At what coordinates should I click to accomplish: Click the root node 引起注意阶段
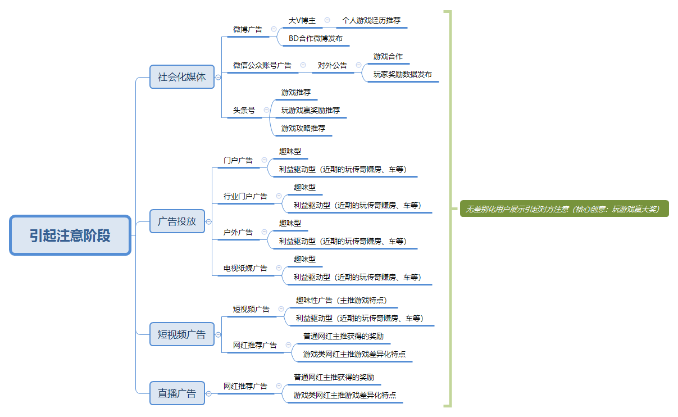70,235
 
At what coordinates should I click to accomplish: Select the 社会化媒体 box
181,77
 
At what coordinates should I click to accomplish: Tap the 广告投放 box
177,221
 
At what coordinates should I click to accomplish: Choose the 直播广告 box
177,393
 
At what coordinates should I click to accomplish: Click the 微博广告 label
248,29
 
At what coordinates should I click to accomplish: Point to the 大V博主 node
302,20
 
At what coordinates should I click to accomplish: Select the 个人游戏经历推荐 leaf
371,20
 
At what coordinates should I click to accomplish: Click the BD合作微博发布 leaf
316,38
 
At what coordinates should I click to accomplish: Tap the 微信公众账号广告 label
262,65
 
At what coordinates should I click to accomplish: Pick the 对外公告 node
333,65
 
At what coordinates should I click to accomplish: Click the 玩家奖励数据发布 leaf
403,74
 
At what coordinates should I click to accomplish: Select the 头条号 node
244,110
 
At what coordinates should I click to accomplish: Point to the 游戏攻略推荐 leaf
303,128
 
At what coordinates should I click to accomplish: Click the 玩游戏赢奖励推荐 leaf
311,110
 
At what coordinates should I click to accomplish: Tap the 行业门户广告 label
245,196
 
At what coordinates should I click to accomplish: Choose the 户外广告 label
238,232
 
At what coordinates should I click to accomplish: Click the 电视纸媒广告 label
245,268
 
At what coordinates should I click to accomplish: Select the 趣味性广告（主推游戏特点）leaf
342,300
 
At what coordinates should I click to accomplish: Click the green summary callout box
564,208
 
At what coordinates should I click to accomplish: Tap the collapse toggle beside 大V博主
327,20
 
